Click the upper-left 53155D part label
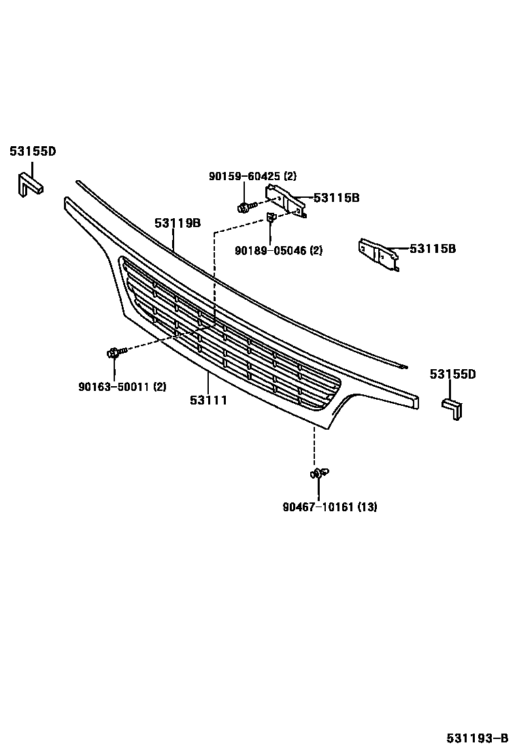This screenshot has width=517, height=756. tap(32, 152)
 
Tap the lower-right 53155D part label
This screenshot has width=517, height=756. tap(452, 374)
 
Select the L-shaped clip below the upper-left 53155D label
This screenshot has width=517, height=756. tap(30, 184)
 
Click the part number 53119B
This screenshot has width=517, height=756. tap(177, 223)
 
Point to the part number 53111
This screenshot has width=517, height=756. tap(208, 400)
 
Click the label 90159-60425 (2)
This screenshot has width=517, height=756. tap(252, 176)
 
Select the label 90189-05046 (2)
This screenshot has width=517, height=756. tap(278, 250)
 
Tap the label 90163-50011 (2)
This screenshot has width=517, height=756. tap(122, 387)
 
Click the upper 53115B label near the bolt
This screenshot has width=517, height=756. tap(336, 199)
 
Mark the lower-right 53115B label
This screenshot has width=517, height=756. tap(432, 249)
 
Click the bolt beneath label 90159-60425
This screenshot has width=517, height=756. tap(246, 206)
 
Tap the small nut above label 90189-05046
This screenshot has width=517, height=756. tap(270, 218)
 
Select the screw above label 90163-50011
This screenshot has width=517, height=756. tap(115, 353)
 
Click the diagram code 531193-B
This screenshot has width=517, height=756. tap(477, 738)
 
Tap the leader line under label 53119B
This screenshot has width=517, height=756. tap(174, 241)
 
